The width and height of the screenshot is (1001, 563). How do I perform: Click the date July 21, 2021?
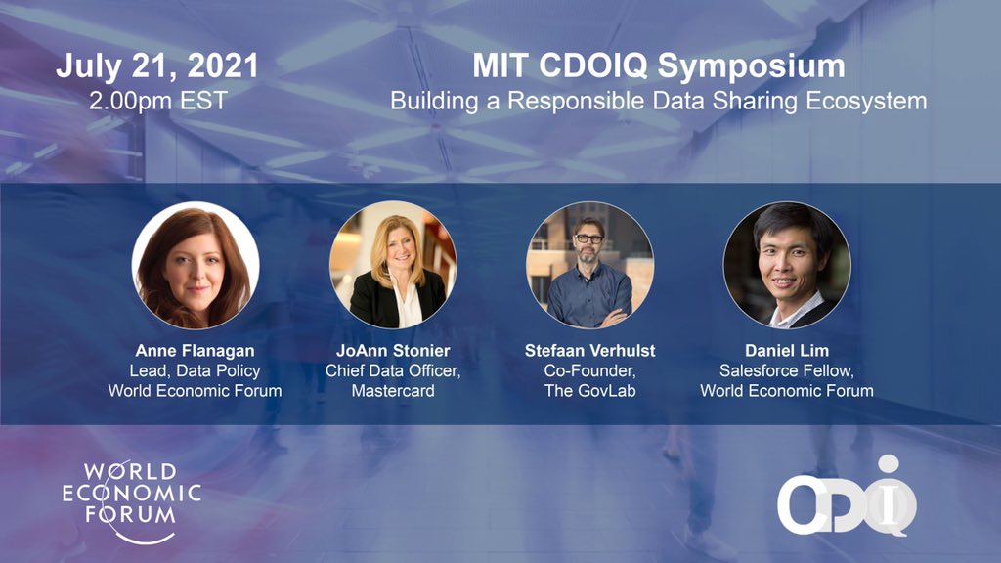click(157, 66)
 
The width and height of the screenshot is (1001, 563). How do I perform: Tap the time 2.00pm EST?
click(157, 100)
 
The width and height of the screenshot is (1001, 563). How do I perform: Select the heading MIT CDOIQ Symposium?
click(659, 66)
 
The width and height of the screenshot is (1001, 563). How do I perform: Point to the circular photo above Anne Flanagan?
click(196, 265)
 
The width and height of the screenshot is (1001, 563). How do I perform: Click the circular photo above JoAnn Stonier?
click(393, 265)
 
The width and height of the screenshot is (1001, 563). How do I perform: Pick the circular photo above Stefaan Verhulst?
click(589, 265)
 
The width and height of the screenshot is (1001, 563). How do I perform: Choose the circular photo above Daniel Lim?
click(787, 265)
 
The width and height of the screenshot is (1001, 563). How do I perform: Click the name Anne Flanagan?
click(195, 352)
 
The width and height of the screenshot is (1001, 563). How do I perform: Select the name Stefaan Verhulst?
click(589, 352)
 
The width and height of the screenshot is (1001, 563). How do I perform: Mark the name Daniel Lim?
click(787, 352)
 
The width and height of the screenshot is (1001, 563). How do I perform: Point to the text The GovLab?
click(589, 391)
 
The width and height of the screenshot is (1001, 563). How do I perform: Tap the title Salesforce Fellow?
click(787, 371)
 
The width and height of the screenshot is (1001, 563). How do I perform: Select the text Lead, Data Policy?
click(195, 371)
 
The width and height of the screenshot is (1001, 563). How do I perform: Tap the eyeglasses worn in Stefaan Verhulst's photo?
click(588, 238)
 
